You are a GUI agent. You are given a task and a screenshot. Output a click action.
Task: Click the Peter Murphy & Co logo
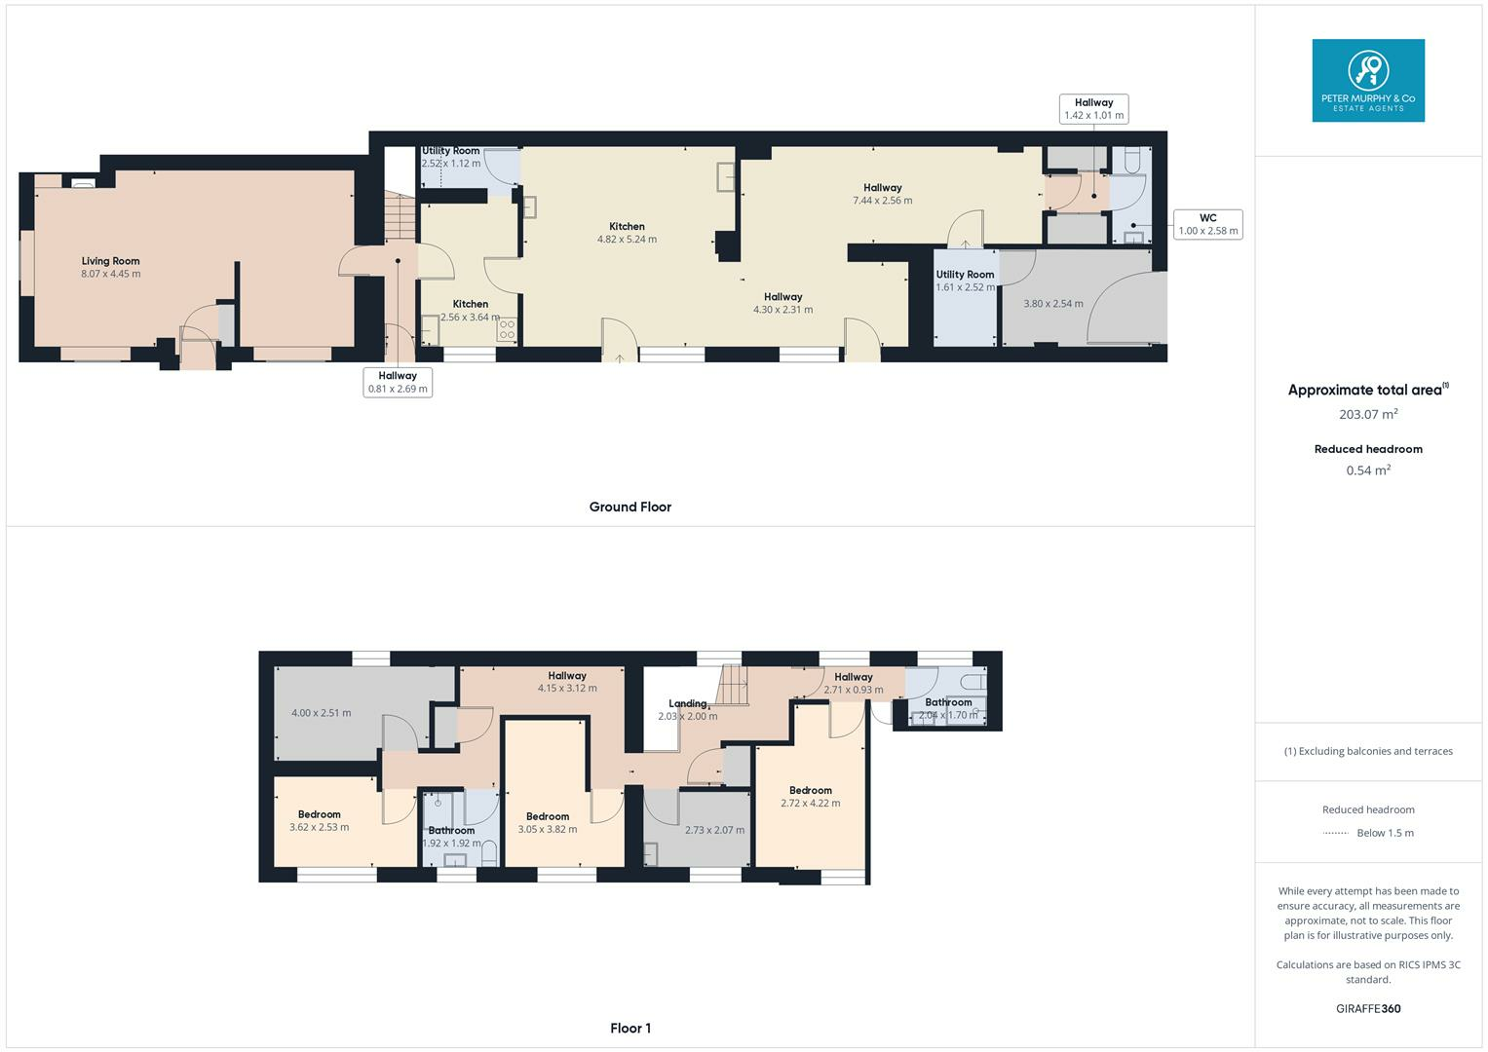pos(1367,80)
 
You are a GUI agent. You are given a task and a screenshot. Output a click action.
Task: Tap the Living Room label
pos(110,261)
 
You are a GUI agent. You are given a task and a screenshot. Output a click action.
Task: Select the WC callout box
pos(1207,225)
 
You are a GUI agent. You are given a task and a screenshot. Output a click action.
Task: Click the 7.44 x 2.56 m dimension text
pos(882,201)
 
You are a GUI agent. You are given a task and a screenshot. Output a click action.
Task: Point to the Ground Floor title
pos(630,507)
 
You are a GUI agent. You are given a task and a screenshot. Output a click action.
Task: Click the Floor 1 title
pos(630,1028)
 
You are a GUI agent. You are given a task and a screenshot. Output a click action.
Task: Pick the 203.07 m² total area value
pos(1368,414)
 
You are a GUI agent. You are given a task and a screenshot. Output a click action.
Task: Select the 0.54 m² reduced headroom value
pos(1368,470)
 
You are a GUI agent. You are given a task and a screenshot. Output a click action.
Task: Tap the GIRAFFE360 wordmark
pos(1368,1008)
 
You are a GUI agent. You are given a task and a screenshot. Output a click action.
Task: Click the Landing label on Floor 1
pos(687,703)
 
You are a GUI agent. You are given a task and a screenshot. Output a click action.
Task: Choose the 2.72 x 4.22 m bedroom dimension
pos(810,804)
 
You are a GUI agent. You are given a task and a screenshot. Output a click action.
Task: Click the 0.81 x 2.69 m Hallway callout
pos(398,382)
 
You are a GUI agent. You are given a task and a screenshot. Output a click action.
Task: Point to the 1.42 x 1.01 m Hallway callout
pos(1093,108)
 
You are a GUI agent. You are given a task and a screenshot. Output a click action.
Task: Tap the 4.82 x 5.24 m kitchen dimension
pos(627,239)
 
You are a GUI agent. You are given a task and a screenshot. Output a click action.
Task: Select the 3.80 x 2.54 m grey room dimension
pos(1052,304)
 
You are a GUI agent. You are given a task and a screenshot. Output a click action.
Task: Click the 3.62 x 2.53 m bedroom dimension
pos(319,827)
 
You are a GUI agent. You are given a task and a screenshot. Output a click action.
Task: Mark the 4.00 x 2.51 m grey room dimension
pos(321,713)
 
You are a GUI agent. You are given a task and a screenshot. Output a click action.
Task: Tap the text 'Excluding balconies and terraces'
pos(1374,751)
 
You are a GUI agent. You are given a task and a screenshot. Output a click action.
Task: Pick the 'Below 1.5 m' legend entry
pos(1385,833)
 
